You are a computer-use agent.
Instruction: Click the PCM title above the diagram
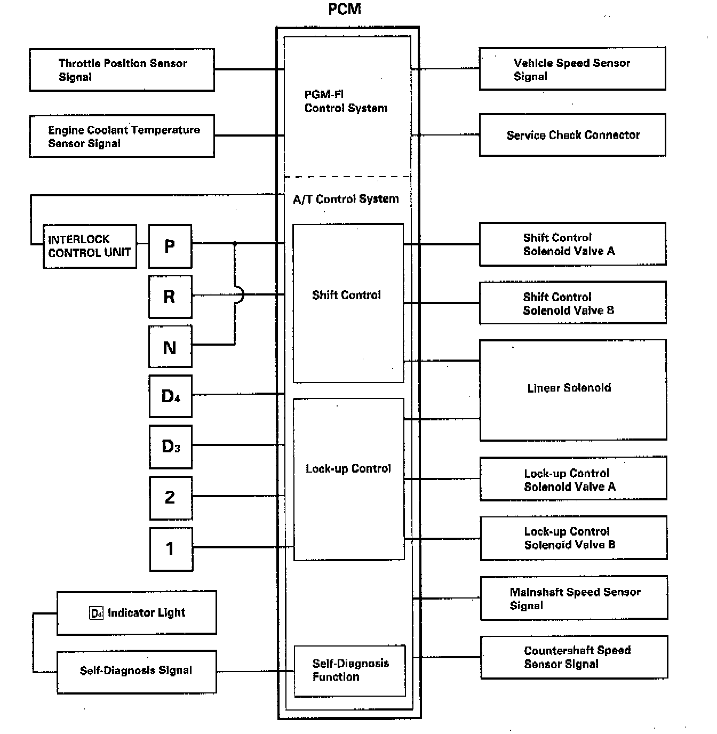345,9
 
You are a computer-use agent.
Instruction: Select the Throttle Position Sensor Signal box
122,70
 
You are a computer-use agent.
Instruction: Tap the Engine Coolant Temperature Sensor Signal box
122,136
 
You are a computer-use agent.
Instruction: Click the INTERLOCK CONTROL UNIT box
90,246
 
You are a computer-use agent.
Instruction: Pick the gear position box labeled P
170,246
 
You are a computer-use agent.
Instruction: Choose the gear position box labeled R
170,297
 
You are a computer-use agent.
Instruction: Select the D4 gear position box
170,396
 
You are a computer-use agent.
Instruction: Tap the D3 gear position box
170,446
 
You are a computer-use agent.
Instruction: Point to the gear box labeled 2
170,498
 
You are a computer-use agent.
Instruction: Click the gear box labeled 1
171,549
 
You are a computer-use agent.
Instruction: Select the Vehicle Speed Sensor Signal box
572,69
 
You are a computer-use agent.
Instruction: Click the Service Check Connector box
572,135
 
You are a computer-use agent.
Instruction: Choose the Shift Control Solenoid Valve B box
572,303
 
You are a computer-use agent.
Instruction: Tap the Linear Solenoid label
569,388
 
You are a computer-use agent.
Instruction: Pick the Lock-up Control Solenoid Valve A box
573,479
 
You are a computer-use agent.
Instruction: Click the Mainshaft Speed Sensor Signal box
573,598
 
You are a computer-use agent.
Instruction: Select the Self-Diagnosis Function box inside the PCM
350,671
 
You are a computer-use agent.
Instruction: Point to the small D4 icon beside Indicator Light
96,613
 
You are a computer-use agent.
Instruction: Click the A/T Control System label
346,199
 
